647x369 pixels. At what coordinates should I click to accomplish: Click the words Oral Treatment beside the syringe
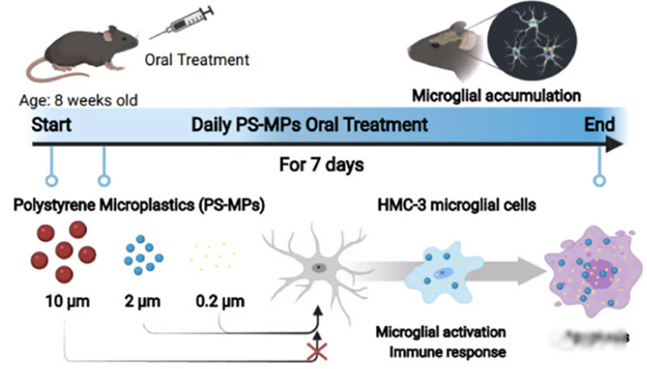pos(197,59)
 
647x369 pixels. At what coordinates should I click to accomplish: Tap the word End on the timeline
pos(601,125)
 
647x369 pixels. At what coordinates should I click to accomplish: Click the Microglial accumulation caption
pos(497,95)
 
